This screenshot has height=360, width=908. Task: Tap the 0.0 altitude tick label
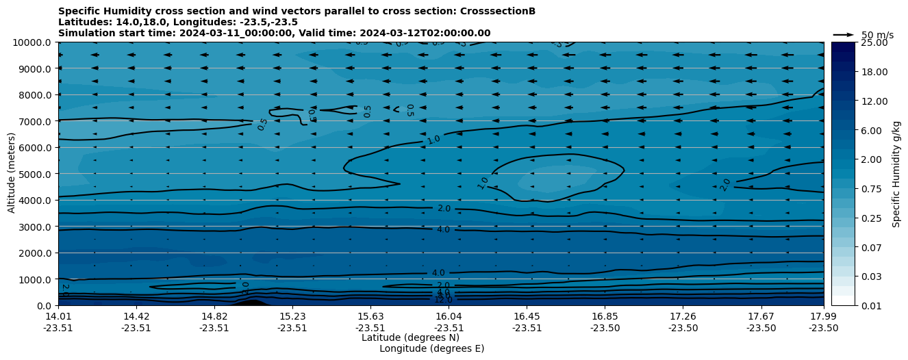[43, 305]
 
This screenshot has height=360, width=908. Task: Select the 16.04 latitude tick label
[448, 316]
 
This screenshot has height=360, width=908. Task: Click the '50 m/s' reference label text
[877, 35]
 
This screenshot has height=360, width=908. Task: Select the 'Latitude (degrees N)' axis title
[410, 337]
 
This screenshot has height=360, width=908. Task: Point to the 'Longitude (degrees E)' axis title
[431, 348]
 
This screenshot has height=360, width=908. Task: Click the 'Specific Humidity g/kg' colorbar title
[896, 174]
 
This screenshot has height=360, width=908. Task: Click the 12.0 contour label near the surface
[443, 300]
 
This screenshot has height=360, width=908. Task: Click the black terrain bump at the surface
[251, 303]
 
